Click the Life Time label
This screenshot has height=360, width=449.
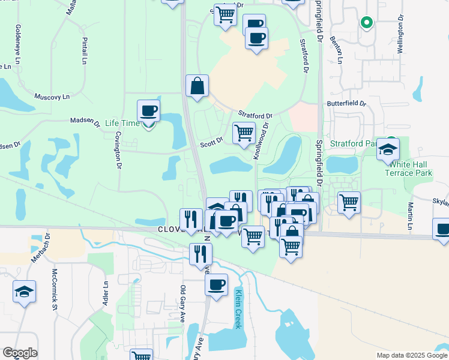122,124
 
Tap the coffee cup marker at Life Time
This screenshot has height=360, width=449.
148,111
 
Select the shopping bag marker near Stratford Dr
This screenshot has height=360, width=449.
197,86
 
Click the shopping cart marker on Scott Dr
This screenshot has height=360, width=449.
244,133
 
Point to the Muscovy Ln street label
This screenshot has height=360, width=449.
52,97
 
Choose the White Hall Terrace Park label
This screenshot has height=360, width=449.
409,169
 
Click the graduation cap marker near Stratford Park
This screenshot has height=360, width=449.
388,149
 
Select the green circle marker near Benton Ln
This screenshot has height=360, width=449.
366,23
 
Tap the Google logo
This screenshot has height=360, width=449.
20,353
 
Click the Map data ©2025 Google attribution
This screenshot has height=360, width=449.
411,355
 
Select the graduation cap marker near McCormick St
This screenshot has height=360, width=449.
24,292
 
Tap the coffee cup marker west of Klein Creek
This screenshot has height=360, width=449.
217,284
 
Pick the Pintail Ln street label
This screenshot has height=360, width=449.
84,50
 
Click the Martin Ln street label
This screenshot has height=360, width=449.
410,217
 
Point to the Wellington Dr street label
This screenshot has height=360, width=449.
399,38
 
